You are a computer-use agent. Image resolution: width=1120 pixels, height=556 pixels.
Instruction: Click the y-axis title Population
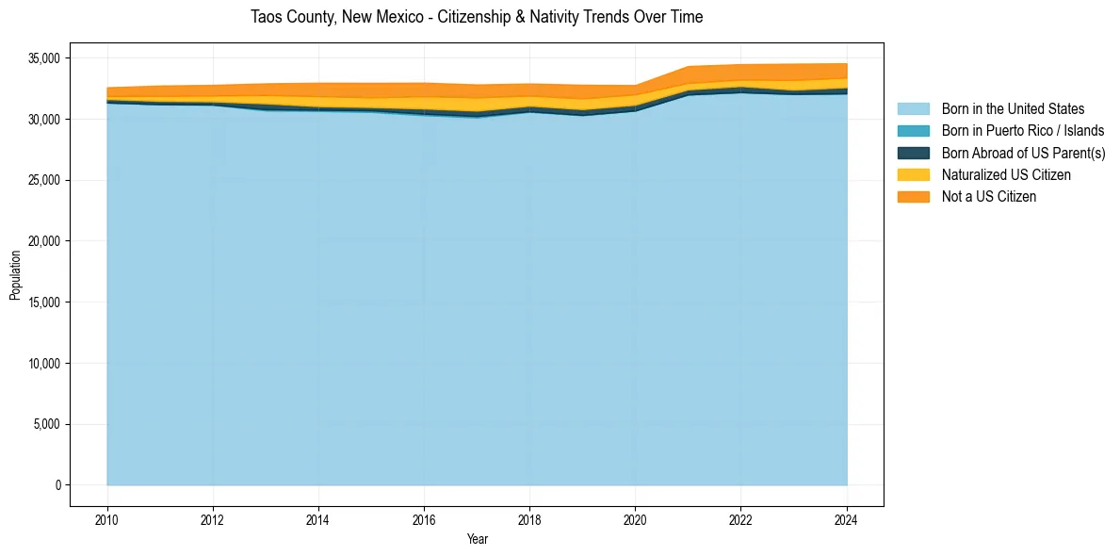pyautogui.click(x=15, y=274)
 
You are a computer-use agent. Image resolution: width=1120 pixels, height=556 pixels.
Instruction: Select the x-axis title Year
pyautogui.click(x=477, y=539)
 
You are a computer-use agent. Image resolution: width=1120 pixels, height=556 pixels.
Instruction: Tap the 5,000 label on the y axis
pyautogui.click(x=45, y=424)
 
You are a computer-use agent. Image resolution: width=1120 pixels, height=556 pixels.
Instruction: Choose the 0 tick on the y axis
pyautogui.click(x=57, y=485)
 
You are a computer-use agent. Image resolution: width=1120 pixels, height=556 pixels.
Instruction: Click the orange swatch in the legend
pyautogui.click(x=913, y=196)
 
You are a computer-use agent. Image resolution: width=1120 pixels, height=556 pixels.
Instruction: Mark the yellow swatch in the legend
pyautogui.click(x=913, y=174)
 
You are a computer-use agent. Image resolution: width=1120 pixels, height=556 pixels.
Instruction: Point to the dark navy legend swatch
pyautogui.click(x=913, y=153)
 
